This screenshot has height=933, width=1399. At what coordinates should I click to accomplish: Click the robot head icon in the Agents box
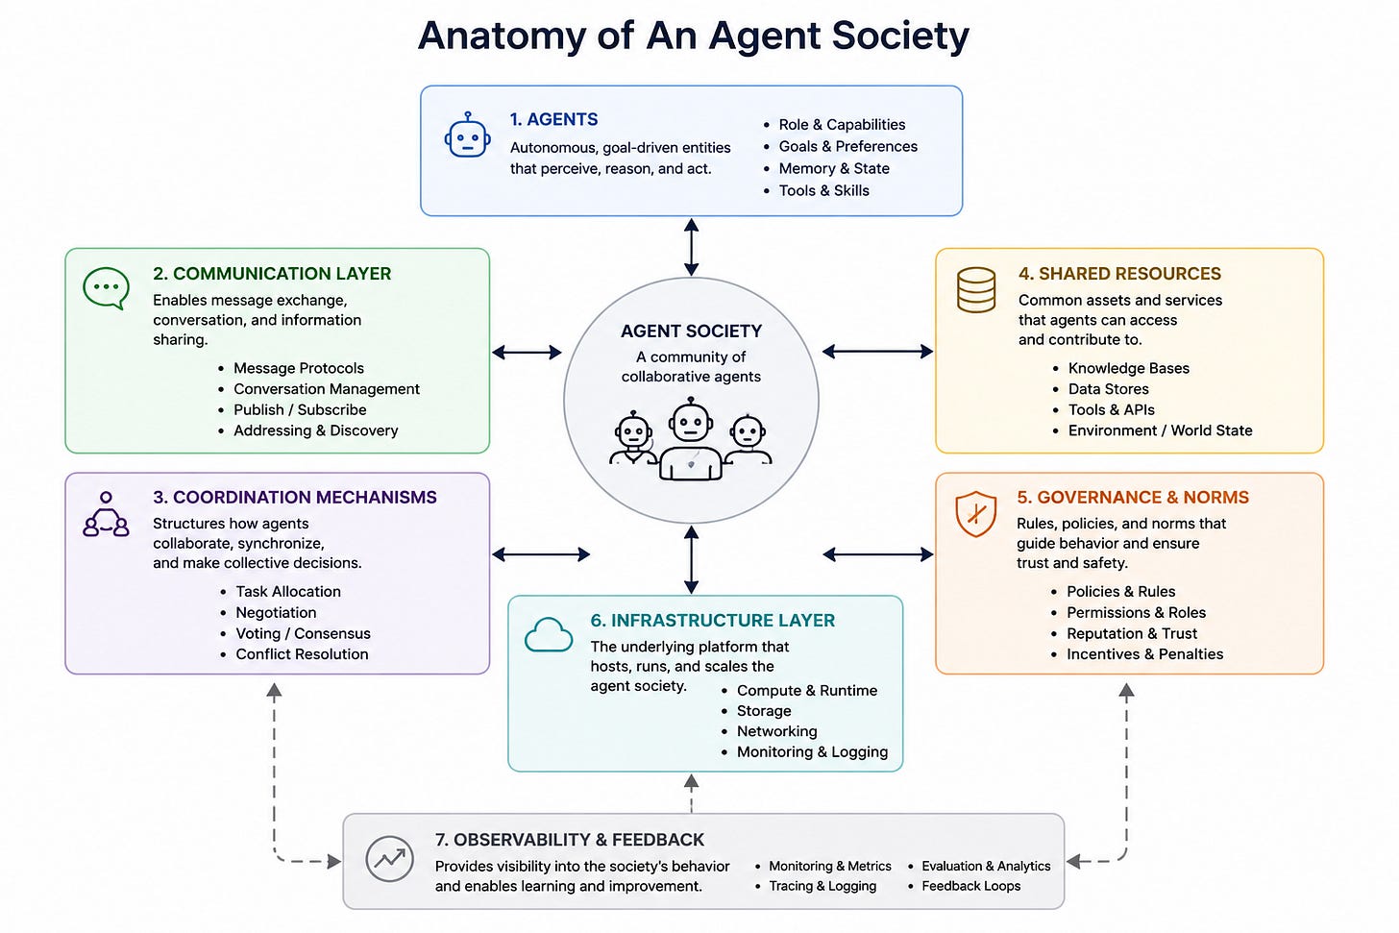[467, 135]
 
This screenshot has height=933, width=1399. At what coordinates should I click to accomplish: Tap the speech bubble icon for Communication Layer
[106, 288]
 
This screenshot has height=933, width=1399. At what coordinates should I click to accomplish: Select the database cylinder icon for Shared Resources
[976, 290]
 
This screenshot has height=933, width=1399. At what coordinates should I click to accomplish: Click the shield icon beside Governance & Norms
[975, 514]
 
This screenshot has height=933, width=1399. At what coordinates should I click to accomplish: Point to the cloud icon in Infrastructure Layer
[549, 634]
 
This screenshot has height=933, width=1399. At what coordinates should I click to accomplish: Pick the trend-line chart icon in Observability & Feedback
[390, 859]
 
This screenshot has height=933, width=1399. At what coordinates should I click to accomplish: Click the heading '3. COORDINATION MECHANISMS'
[295, 497]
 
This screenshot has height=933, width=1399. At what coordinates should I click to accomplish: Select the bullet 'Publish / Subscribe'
[300, 409]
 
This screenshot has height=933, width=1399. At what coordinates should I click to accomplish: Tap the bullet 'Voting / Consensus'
[303, 633]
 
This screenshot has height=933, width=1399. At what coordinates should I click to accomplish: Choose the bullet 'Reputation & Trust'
[1132, 633]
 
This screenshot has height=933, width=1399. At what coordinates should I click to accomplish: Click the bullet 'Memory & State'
[834, 168]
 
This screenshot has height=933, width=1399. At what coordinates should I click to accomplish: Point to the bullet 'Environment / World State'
[1160, 430]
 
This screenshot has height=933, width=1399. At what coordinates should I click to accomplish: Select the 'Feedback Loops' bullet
[970, 886]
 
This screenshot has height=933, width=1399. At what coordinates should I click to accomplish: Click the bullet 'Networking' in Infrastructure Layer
[776, 731]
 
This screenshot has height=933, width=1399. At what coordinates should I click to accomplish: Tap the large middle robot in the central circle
[691, 439]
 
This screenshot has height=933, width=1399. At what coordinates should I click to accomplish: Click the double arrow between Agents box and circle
[691, 247]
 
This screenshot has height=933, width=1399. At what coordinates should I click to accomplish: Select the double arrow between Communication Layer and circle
[527, 353]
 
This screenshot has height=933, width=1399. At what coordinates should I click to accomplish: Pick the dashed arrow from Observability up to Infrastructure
[691, 793]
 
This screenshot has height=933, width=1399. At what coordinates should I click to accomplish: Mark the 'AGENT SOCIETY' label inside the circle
[691, 331]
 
